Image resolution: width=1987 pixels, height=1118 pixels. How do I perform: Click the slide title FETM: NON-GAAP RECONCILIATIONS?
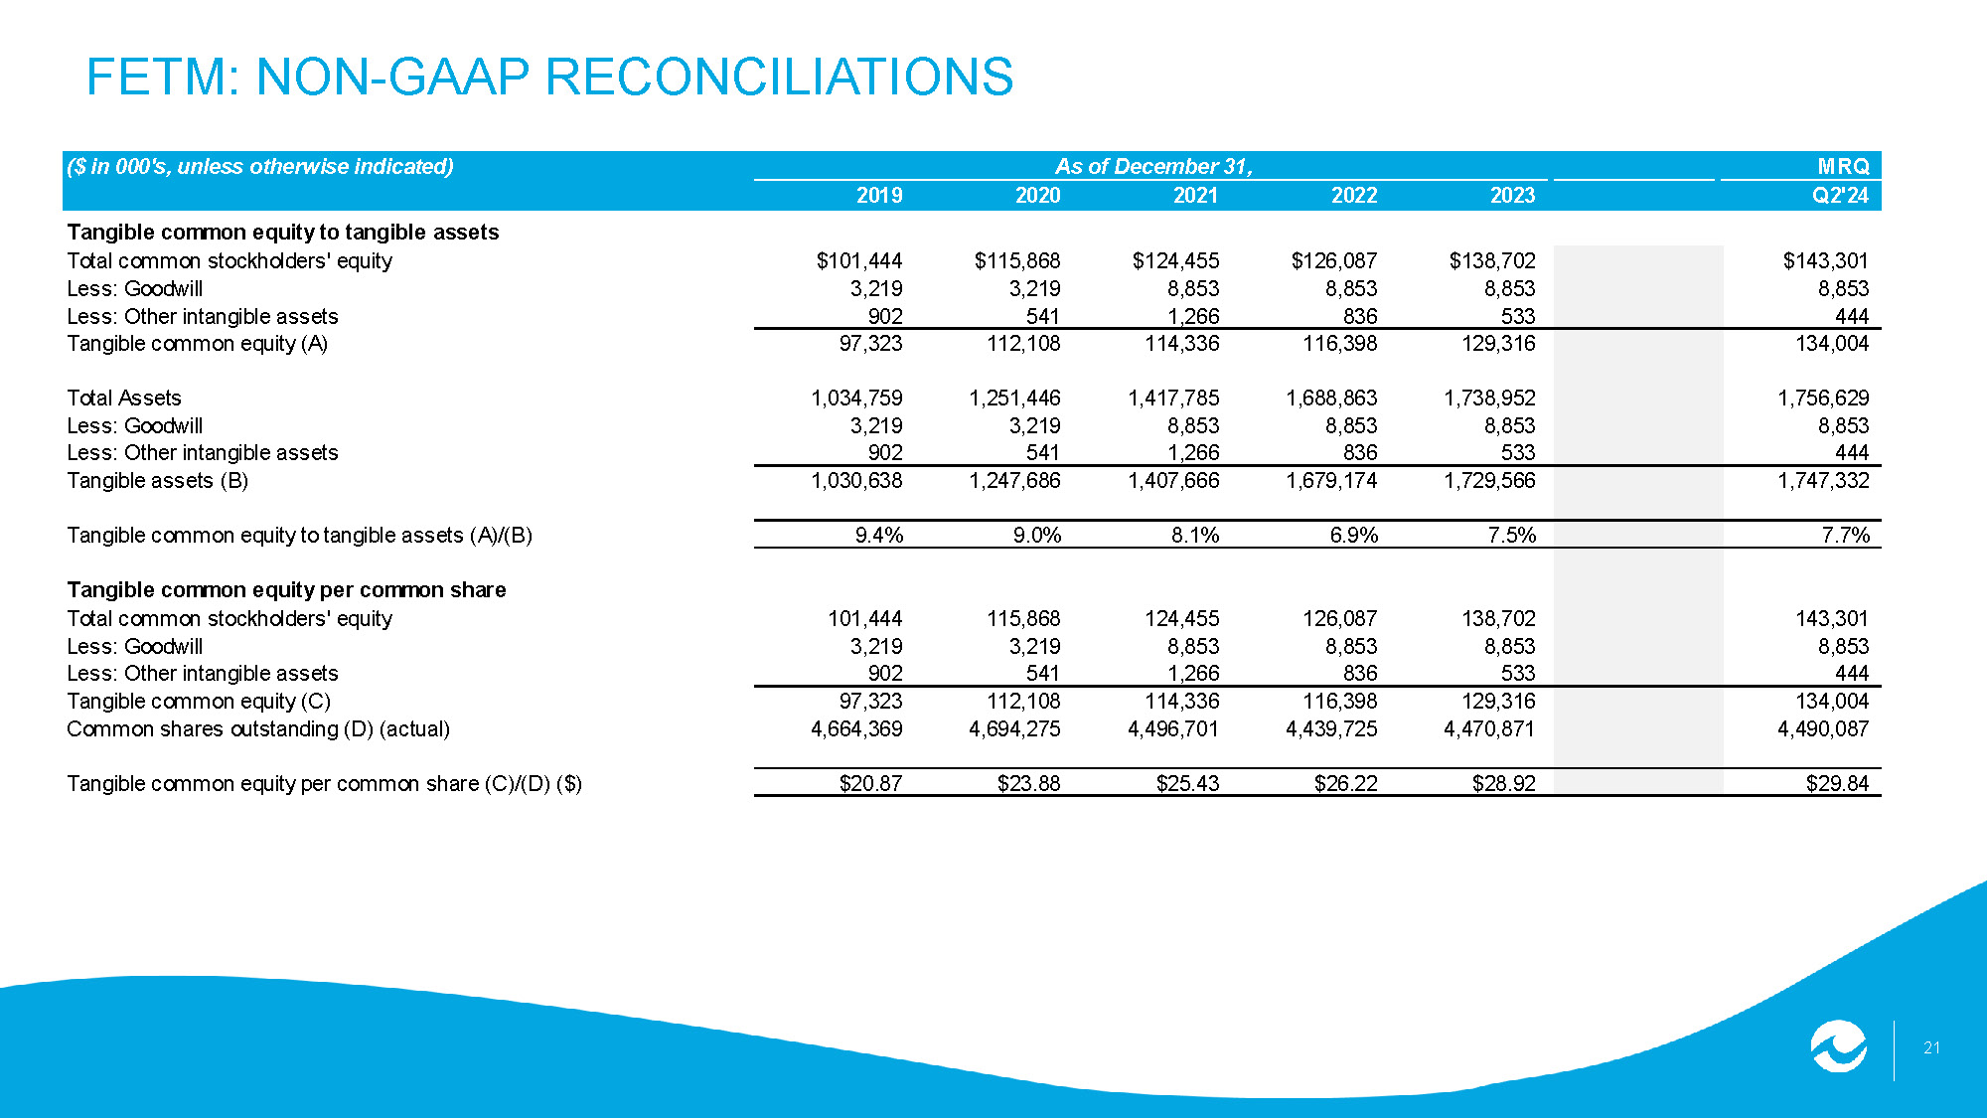click(x=549, y=77)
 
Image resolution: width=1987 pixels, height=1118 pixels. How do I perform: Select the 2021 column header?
click(x=1195, y=196)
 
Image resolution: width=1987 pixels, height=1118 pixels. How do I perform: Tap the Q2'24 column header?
click(x=1840, y=196)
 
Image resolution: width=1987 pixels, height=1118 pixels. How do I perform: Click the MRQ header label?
click(x=1843, y=166)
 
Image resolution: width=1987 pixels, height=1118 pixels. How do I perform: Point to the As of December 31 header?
click(x=1153, y=166)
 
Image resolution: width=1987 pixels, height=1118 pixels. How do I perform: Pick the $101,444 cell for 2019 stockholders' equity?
click(x=859, y=260)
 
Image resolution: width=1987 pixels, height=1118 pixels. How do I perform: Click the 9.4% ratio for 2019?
click(x=879, y=536)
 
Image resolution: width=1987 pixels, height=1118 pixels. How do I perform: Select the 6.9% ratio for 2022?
click(x=1354, y=536)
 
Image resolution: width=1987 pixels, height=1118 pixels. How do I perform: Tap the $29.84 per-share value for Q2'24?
click(x=1837, y=783)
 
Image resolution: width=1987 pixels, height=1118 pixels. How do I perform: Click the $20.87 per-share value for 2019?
click(x=870, y=783)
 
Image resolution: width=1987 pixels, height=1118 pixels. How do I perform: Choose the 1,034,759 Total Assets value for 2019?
click(x=856, y=399)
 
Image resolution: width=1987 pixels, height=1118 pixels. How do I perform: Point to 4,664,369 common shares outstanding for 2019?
click(x=856, y=729)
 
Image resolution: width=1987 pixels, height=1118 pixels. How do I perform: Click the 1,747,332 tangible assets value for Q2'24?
click(x=1823, y=481)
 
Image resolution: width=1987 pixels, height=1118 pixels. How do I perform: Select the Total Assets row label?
click(x=124, y=399)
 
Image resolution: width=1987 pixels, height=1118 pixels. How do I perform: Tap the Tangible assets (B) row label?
click(x=158, y=481)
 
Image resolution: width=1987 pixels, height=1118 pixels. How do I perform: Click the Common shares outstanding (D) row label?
click(x=258, y=729)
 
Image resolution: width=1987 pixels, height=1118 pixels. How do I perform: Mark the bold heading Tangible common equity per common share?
click(x=286, y=590)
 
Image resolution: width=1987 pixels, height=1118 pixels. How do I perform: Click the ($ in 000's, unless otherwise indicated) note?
click(x=260, y=166)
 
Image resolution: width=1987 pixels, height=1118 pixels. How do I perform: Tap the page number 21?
click(x=1931, y=1047)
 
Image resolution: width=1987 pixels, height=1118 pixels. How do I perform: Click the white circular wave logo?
click(x=1838, y=1046)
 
